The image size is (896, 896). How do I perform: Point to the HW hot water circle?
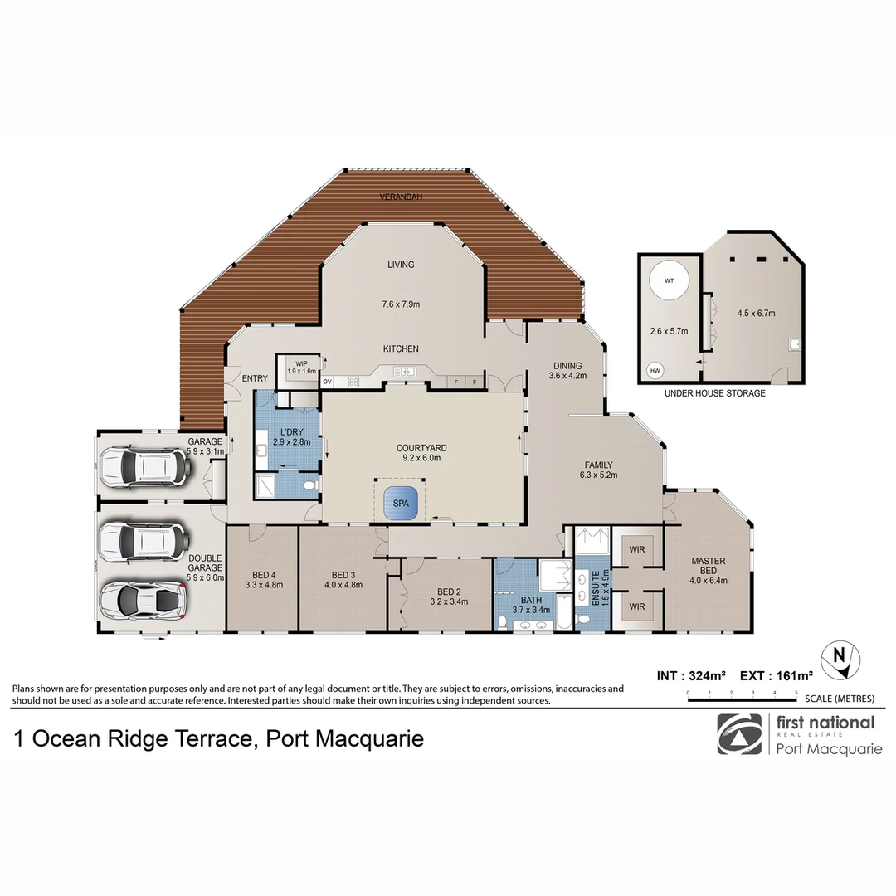coord(655,370)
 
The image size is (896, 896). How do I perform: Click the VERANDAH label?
coord(401,197)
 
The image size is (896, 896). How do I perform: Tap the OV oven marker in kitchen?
coord(327,382)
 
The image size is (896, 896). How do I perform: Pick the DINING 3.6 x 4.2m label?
coord(567,370)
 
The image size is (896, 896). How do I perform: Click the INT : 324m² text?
coord(692,676)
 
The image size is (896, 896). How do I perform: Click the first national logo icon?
coord(738,734)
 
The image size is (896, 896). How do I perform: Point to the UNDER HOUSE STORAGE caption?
coord(714,393)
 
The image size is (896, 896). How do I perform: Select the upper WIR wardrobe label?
coord(637,550)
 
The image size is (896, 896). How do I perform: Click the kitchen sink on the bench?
coord(407,371)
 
